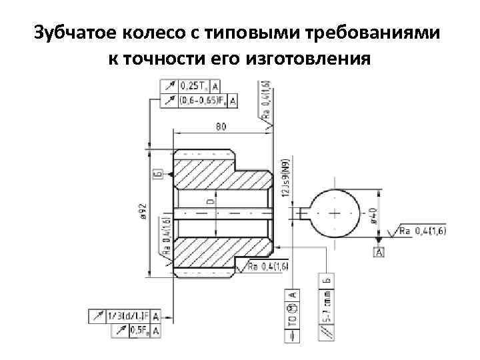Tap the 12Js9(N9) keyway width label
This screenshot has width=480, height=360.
click(285, 179)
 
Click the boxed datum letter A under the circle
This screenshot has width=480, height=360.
click(379, 252)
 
